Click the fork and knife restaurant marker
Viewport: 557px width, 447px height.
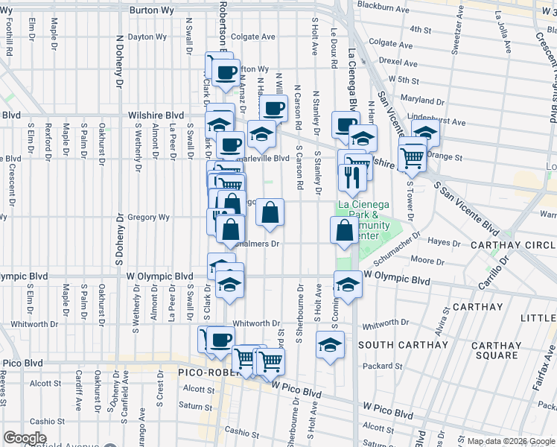[x=349, y=177]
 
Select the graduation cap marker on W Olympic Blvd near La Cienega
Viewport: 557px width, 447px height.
[x=348, y=284]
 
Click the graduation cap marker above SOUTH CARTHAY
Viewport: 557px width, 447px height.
[x=330, y=345]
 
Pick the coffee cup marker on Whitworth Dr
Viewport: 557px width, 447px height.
[x=220, y=340]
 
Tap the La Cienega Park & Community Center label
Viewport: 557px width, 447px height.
[x=363, y=220]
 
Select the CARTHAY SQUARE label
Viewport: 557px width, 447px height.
[x=496, y=350]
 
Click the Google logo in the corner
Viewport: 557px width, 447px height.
[x=25, y=438]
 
